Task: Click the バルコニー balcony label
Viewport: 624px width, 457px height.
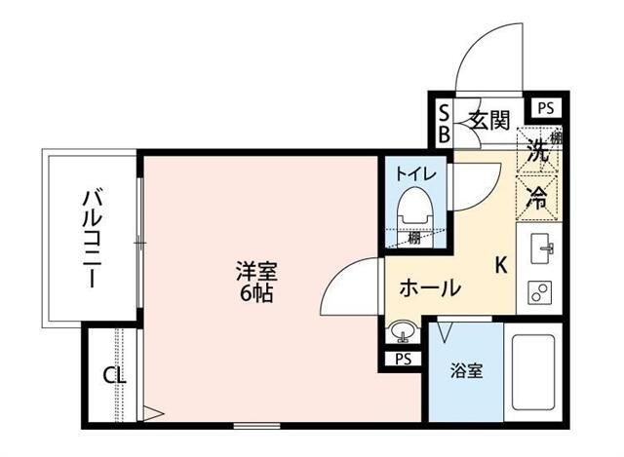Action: coord(89,237)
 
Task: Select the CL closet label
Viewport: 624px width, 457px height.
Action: coord(112,375)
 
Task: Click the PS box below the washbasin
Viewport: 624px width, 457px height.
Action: coord(404,359)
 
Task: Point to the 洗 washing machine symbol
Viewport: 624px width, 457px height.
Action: coord(536,151)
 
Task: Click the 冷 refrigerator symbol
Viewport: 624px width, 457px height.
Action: coord(536,194)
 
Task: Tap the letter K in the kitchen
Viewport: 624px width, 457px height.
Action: coord(501,264)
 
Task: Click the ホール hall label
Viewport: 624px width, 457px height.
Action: coord(430,288)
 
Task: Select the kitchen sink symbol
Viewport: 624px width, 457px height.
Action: coord(541,251)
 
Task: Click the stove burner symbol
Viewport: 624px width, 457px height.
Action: coord(539,290)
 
